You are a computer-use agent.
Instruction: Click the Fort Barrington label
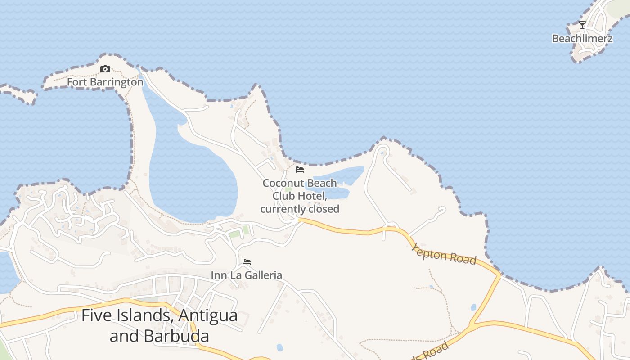105,82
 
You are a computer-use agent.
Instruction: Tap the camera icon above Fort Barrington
105,69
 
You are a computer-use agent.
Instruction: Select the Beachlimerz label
582,39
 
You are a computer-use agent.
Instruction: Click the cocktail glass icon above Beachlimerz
582,25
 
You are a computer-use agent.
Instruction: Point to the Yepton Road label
444,254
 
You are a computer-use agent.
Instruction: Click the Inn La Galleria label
247,275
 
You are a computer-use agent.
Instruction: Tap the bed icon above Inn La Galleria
247,262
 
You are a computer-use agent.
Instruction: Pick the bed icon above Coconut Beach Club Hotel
300,170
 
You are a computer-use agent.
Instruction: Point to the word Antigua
208,315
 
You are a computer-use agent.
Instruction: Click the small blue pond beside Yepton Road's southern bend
473,307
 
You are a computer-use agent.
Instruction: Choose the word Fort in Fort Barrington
77,82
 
